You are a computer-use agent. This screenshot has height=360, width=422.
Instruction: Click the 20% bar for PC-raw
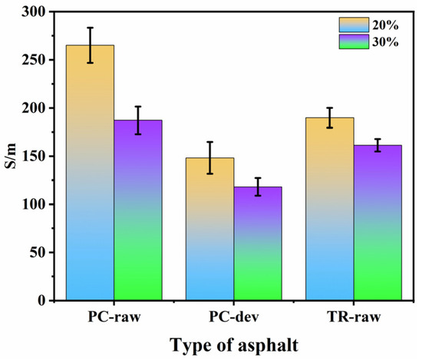tap(90, 173)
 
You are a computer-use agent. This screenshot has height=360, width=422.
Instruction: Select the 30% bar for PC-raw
tap(138, 210)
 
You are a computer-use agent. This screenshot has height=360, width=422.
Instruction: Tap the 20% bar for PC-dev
tap(210, 229)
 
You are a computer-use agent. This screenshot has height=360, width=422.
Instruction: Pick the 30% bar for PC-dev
tap(258, 243)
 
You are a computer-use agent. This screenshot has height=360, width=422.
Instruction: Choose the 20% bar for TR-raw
tap(330, 209)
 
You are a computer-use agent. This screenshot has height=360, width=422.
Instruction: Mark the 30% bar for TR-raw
tap(377, 223)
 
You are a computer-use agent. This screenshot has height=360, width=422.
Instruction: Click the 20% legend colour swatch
tap(354, 25)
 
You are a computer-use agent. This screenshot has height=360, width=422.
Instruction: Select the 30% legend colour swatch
tap(354, 41)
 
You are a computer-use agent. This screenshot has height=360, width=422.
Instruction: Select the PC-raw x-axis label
tap(114, 317)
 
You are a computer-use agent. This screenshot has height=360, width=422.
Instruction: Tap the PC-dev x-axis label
tap(234, 317)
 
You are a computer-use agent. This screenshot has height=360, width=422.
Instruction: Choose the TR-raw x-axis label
tap(354, 317)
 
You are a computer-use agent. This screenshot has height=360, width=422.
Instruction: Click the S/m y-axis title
tap(11, 156)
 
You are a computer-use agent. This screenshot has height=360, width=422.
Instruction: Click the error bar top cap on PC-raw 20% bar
tap(91, 28)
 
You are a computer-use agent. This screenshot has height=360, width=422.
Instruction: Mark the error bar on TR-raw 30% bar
tap(377, 145)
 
